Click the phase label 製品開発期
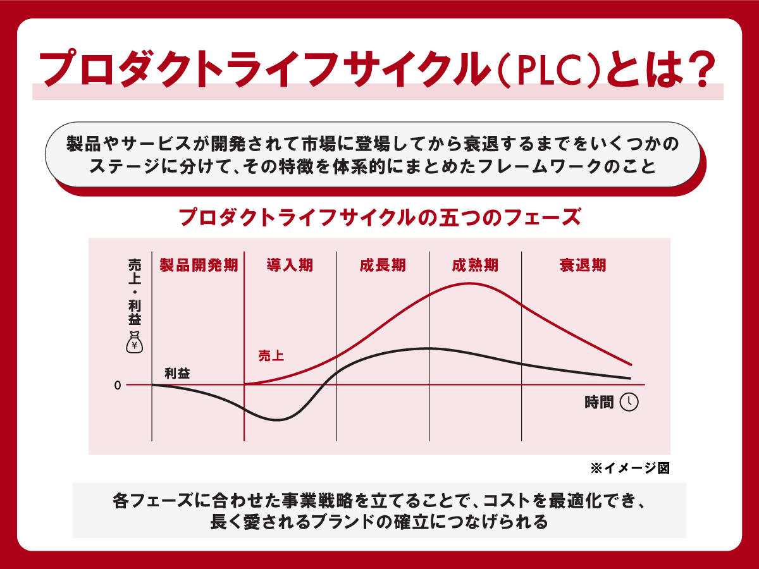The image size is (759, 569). [x=199, y=265]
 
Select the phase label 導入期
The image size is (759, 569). [x=290, y=265]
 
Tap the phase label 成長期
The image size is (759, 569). [x=383, y=265]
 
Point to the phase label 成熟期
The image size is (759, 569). [x=475, y=265]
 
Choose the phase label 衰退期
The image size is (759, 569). [x=583, y=265]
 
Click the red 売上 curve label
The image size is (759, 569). [x=271, y=356]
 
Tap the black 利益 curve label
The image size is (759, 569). [x=177, y=373]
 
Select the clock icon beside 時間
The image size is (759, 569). [x=629, y=402]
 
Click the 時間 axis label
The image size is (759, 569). [x=599, y=403]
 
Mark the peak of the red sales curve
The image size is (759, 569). [x=471, y=283]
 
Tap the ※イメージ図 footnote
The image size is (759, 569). [x=629, y=468]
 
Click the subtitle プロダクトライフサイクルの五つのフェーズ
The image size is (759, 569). [x=379, y=217]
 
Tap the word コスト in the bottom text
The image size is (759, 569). [x=504, y=501]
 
